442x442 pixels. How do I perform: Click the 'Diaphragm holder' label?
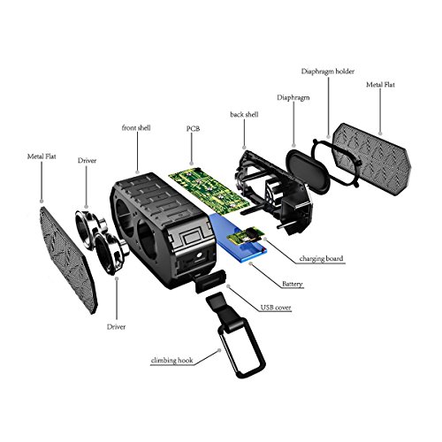328,72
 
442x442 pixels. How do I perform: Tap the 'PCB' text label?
193,128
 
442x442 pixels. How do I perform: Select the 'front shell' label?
136,128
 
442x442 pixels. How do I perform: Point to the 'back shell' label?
244,114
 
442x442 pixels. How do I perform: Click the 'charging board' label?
321,258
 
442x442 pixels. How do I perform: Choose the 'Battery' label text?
293,284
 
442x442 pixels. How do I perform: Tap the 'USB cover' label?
276,308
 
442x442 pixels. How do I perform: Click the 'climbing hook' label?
171,360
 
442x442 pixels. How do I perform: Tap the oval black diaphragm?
308,171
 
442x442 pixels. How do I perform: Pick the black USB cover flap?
210,281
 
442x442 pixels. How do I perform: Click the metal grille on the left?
68,260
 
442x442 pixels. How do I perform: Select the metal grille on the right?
372,158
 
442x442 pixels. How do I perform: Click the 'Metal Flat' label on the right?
380,85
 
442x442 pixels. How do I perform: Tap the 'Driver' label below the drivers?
116,327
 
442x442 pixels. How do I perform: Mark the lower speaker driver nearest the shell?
110,254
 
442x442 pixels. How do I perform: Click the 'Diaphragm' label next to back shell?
293,98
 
